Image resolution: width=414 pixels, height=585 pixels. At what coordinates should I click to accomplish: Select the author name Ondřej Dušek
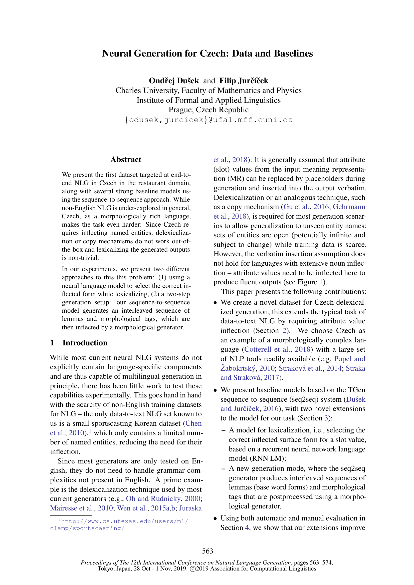(174, 81)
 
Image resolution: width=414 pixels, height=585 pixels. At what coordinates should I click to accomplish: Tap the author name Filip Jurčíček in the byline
(244, 81)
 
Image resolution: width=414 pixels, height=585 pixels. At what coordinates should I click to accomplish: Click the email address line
(208, 120)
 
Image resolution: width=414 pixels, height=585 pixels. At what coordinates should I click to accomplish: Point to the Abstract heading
(126, 160)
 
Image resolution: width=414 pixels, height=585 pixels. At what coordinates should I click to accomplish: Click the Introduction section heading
(85, 343)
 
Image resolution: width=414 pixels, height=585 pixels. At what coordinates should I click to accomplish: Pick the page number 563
(207, 551)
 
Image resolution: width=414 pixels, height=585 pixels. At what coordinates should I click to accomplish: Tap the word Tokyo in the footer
(106, 569)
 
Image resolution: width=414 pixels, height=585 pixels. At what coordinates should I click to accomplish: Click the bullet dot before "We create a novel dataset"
(216, 303)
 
